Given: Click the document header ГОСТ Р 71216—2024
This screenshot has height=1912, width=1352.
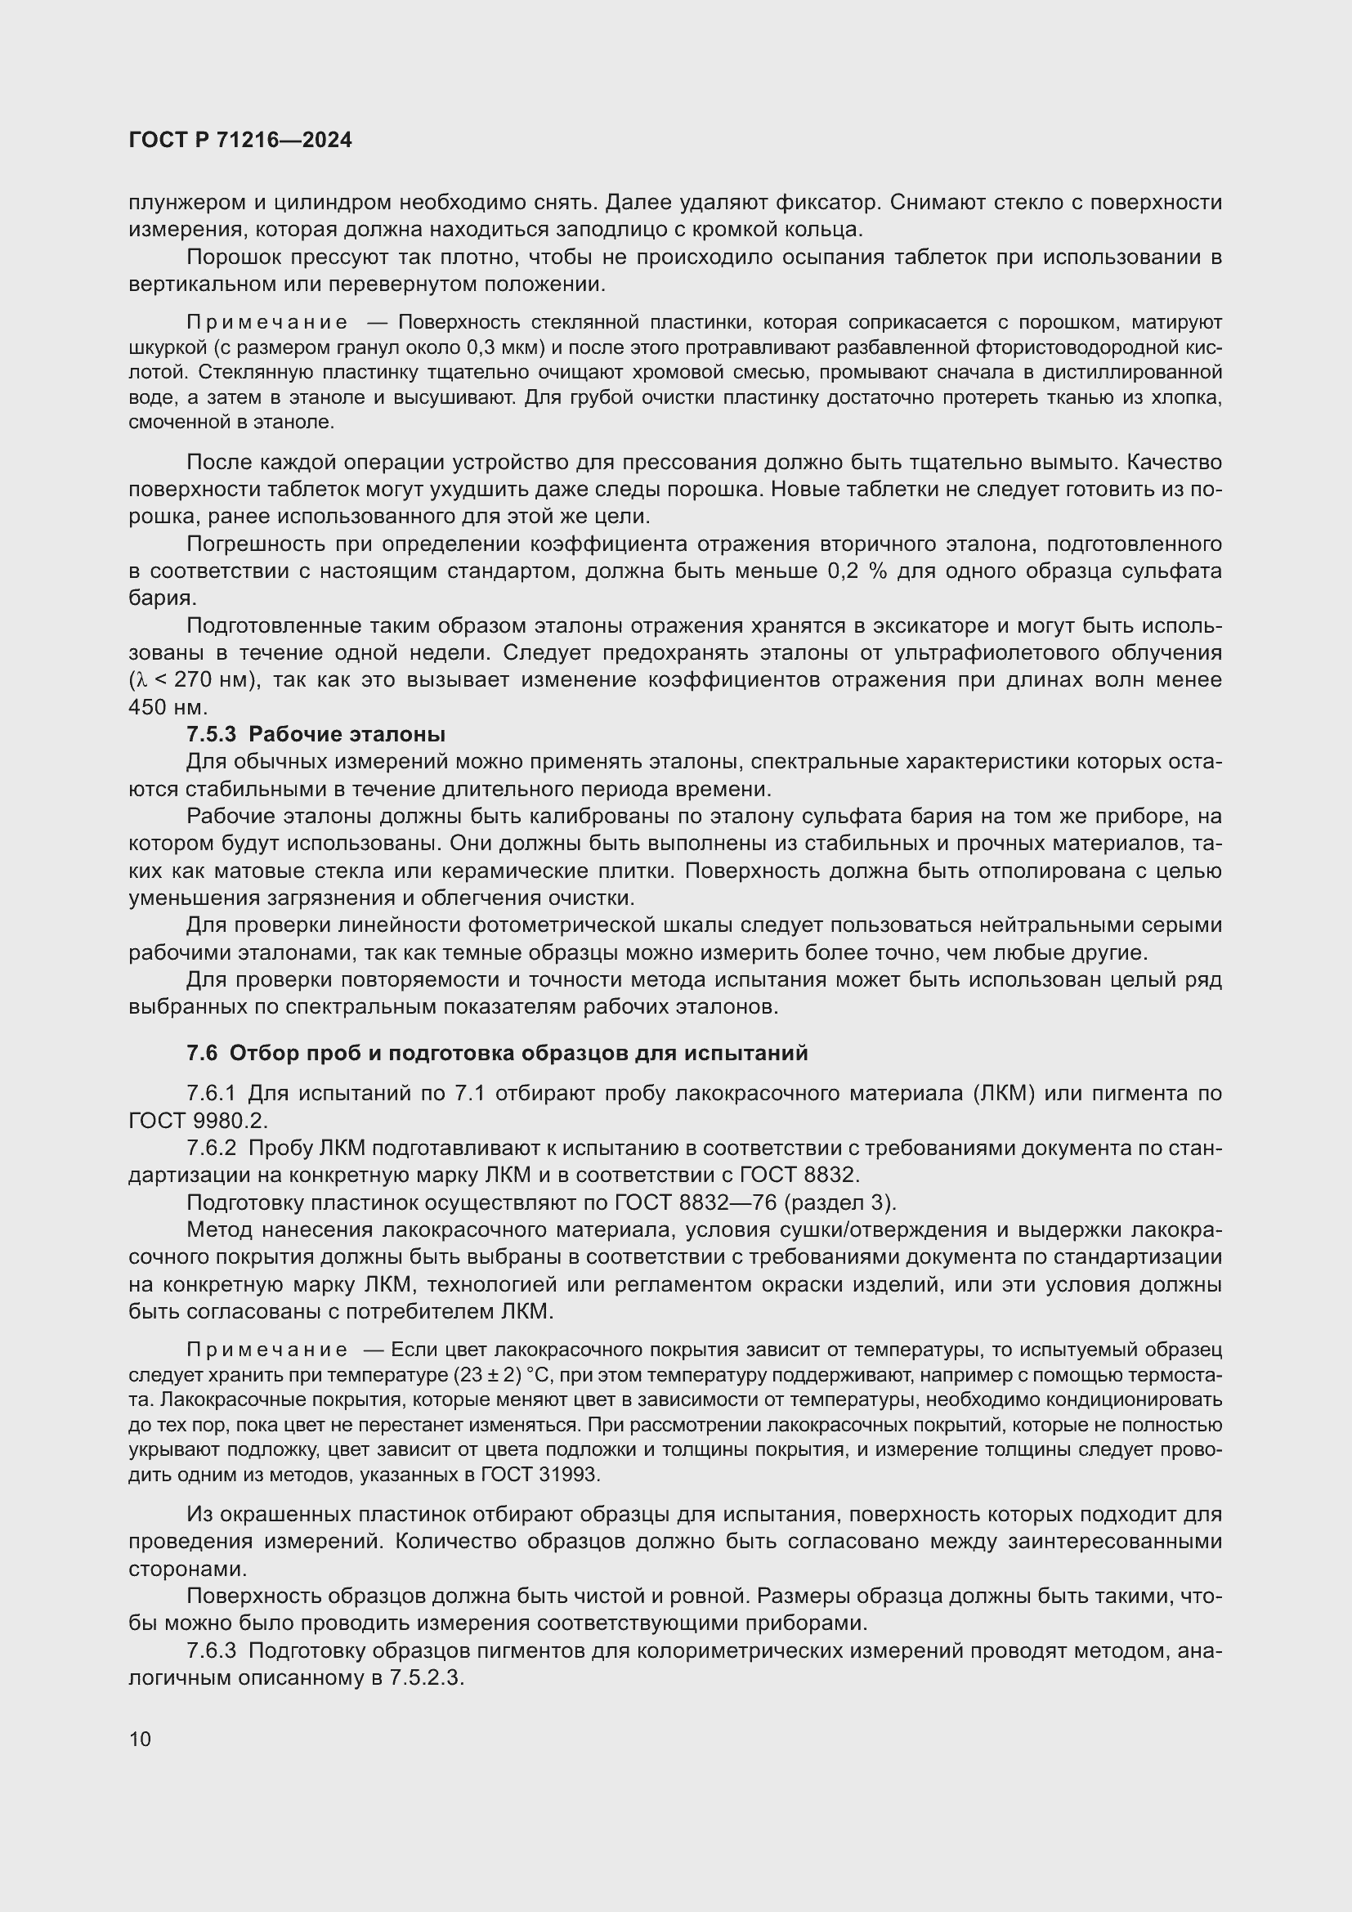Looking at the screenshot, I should click(x=240, y=140).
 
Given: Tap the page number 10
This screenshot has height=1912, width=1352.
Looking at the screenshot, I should click(x=140, y=1739).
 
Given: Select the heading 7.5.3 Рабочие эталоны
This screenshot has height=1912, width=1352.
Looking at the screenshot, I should click(x=316, y=735).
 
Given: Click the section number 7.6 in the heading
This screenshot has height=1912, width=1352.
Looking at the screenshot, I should click(x=202, y=1053).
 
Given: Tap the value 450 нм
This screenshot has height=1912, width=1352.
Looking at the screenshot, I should click(x=167, y=708).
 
